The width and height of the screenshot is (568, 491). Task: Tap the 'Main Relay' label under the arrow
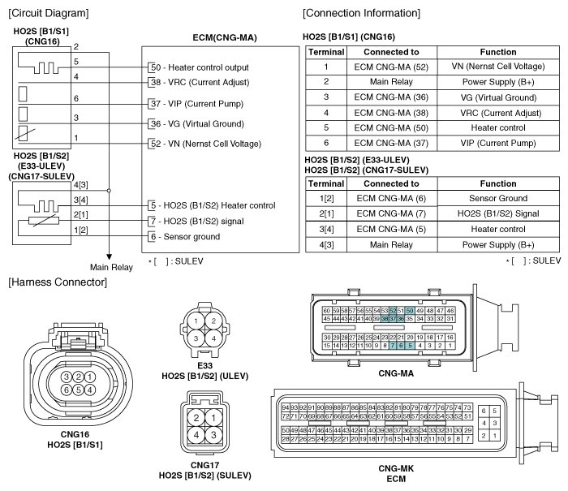pos(110,267)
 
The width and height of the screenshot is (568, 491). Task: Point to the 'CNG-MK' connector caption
pos(397,468)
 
